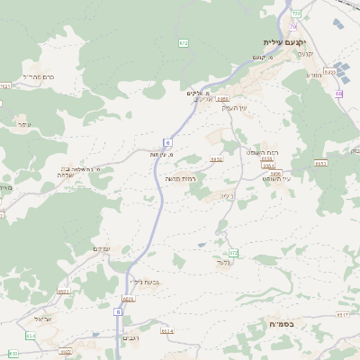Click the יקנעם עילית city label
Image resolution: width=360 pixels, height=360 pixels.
(x=284, y=42)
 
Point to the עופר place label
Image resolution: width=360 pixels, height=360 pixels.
(x=23, y=124)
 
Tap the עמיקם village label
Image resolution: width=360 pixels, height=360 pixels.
(x=102, y=248)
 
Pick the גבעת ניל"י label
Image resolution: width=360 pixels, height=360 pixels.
(x=145, y=283)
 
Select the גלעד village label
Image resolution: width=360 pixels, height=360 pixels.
(x=224, y=262)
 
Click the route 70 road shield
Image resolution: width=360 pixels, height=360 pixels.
(x=293, y=27)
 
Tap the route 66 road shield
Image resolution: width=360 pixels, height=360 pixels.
(x=339, y=94)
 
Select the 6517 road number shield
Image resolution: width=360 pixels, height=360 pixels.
(x=342, y=315)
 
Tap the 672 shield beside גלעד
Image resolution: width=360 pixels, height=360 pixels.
(x=232, y=253)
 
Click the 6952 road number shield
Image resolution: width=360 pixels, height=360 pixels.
(x=217, y=159)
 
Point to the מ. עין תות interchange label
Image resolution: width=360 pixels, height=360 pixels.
(x=162, y=155)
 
